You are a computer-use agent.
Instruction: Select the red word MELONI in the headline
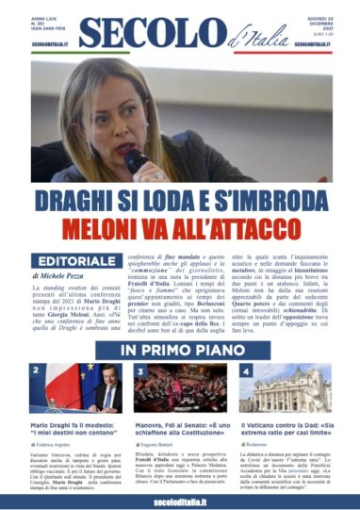click(121, 228)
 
